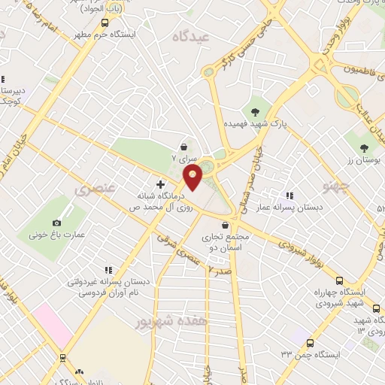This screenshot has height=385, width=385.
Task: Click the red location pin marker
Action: tap(193, 179)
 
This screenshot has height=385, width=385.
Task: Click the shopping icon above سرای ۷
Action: tap(184, 147)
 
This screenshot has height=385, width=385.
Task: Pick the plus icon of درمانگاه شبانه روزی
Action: tap(160, 183)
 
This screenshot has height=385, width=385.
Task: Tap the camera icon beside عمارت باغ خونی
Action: tap(57, 223)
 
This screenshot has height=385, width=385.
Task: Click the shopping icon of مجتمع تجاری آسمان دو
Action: tap(225, 224)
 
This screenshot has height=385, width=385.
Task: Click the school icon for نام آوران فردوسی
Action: tap(109, 269)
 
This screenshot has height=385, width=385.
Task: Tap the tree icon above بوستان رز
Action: tap(365, 147)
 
